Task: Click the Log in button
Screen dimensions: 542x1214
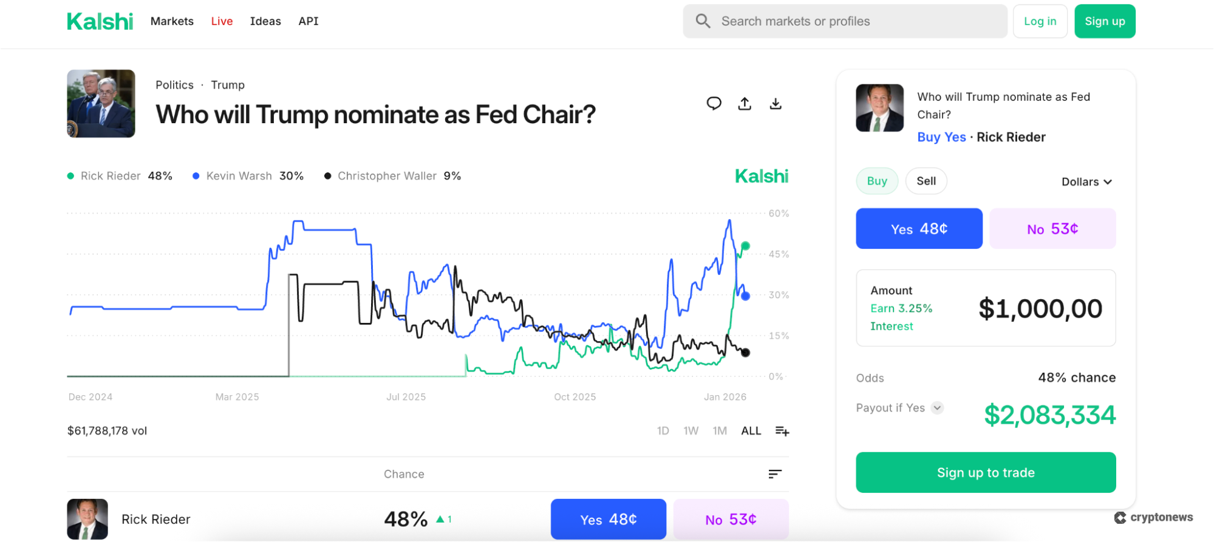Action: pyautogui.click(x=1040, y=21)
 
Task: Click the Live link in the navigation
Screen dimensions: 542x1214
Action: pyautogui.click(x=222, y=21)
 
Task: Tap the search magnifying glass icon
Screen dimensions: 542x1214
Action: pyautogui.click(x=703, y=21)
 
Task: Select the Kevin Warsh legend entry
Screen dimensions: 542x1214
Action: pyautogui.click(x=248, y=176)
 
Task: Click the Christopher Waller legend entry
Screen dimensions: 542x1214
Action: pyautogui.click(x=392, y=176)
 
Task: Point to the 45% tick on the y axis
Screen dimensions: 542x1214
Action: pyautogui.click(x=779, y=254)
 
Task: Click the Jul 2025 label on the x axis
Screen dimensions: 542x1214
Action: pyautogui.click(x=406, y=397)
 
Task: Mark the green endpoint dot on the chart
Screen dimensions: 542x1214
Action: pyautogui.click(x=745, y=246)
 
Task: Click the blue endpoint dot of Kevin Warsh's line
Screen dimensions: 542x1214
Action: pyautogui.click(x=745, y=296)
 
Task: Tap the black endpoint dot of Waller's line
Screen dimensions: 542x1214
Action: pyautogui.click(x=745, y=353)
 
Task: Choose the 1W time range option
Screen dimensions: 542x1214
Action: pyautogui.click(x=691, y=431)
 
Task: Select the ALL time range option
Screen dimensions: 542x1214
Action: pyautogui.click(x=751, y=431)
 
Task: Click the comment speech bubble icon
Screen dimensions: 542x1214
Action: pyautogui.click(x=714, y=104)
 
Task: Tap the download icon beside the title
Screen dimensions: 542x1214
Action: pyautogui.click(x=776, y=104)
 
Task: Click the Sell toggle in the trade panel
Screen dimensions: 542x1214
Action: pyautogui.click(x=926, y=181)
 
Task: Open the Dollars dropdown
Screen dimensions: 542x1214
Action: pyautogui.click(x=1086, y=182)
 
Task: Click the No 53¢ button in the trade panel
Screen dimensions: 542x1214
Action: pyautogui.click(x=1052, y=229)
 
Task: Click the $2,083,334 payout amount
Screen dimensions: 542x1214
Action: pyautogui.click(x=1049, y=415)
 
